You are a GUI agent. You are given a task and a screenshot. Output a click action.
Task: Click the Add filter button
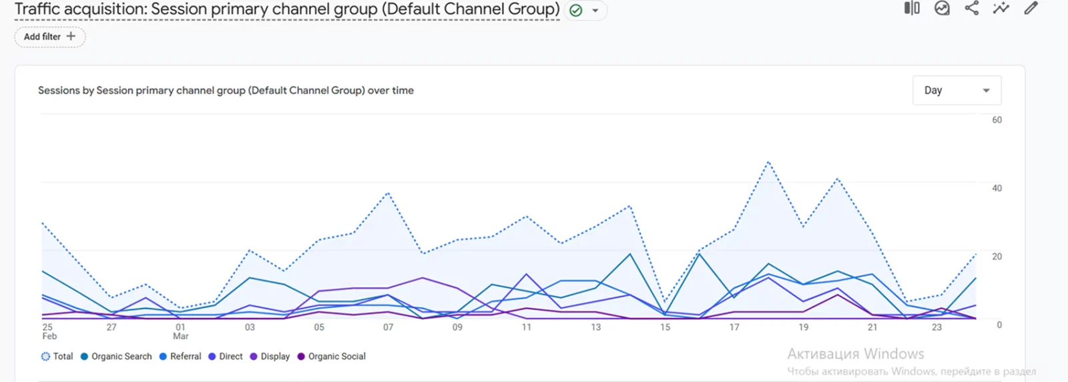[50, 37]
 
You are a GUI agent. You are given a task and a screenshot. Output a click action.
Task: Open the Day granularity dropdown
[956, 90]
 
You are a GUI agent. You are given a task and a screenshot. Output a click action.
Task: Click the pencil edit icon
[1031, 8]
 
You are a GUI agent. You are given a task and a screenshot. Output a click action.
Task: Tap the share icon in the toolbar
[971, 8]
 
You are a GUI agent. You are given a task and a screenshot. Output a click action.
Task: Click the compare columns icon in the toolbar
[912, 8]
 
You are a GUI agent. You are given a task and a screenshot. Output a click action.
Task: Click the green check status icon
[576, 11]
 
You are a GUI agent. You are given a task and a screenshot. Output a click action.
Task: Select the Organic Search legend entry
[116, 357]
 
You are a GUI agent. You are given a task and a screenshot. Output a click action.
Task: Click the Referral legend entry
[180, 357]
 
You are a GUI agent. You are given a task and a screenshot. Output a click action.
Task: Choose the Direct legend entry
[226, 357]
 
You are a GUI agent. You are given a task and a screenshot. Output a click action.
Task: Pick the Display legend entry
[270, 357]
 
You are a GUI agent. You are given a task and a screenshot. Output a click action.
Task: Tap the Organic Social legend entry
[332, 357]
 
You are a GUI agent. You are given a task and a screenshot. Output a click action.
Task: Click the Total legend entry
[57, 357]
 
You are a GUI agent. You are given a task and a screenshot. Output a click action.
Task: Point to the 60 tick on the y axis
[997, 120]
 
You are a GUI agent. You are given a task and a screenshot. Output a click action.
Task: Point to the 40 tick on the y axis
[997, 188]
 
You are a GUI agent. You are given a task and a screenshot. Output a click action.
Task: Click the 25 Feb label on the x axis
[49, 331]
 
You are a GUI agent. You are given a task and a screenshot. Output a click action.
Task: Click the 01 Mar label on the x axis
[180, 331]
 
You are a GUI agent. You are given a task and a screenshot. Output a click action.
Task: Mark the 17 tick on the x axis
[734, 327]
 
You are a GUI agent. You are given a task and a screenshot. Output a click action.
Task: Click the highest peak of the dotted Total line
[769, 162]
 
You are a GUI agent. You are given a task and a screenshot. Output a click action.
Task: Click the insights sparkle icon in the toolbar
[1001, 8]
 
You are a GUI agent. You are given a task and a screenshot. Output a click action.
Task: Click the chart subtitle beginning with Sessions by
[226, 90]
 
